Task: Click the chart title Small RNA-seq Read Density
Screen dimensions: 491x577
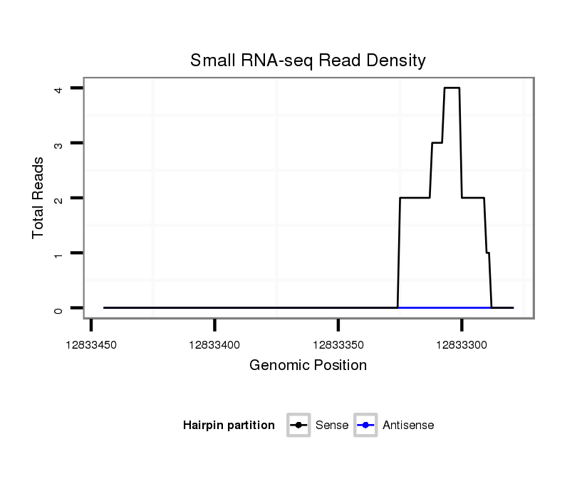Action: coord(308,60)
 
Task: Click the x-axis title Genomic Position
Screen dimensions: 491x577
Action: coord(308,366)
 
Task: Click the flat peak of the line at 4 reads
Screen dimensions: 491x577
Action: coord(452,88)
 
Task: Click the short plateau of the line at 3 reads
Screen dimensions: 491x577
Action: coord(437,142)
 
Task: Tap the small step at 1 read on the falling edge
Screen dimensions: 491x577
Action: coord(488,253)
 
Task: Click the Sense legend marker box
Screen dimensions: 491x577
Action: coord(298,426)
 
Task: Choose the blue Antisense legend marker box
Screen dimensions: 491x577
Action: coord(365,426)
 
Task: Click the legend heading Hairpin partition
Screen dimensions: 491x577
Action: coord(229,426)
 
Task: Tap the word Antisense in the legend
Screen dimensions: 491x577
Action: coord(408,426)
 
